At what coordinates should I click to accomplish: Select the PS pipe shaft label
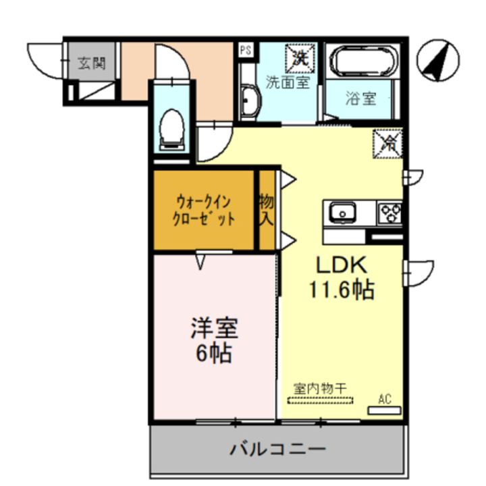click(x=246, y=49)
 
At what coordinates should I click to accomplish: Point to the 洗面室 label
click(x=287, y=82)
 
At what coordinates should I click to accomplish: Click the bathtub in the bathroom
click(x=361, y=62)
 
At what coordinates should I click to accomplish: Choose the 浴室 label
click(x=360, y=99)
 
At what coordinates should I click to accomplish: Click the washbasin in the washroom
click(x=249, y=103)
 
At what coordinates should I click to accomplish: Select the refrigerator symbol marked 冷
click(x=388, y=142)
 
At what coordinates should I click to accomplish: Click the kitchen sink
click(x=343, y=213)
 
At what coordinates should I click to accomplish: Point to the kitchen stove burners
click(x=390, y=213)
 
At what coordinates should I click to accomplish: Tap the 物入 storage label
click(x=267, y=210)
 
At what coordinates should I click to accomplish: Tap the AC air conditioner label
click(x=385, y=399)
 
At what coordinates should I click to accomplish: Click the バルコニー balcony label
click(x=277, y=448)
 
